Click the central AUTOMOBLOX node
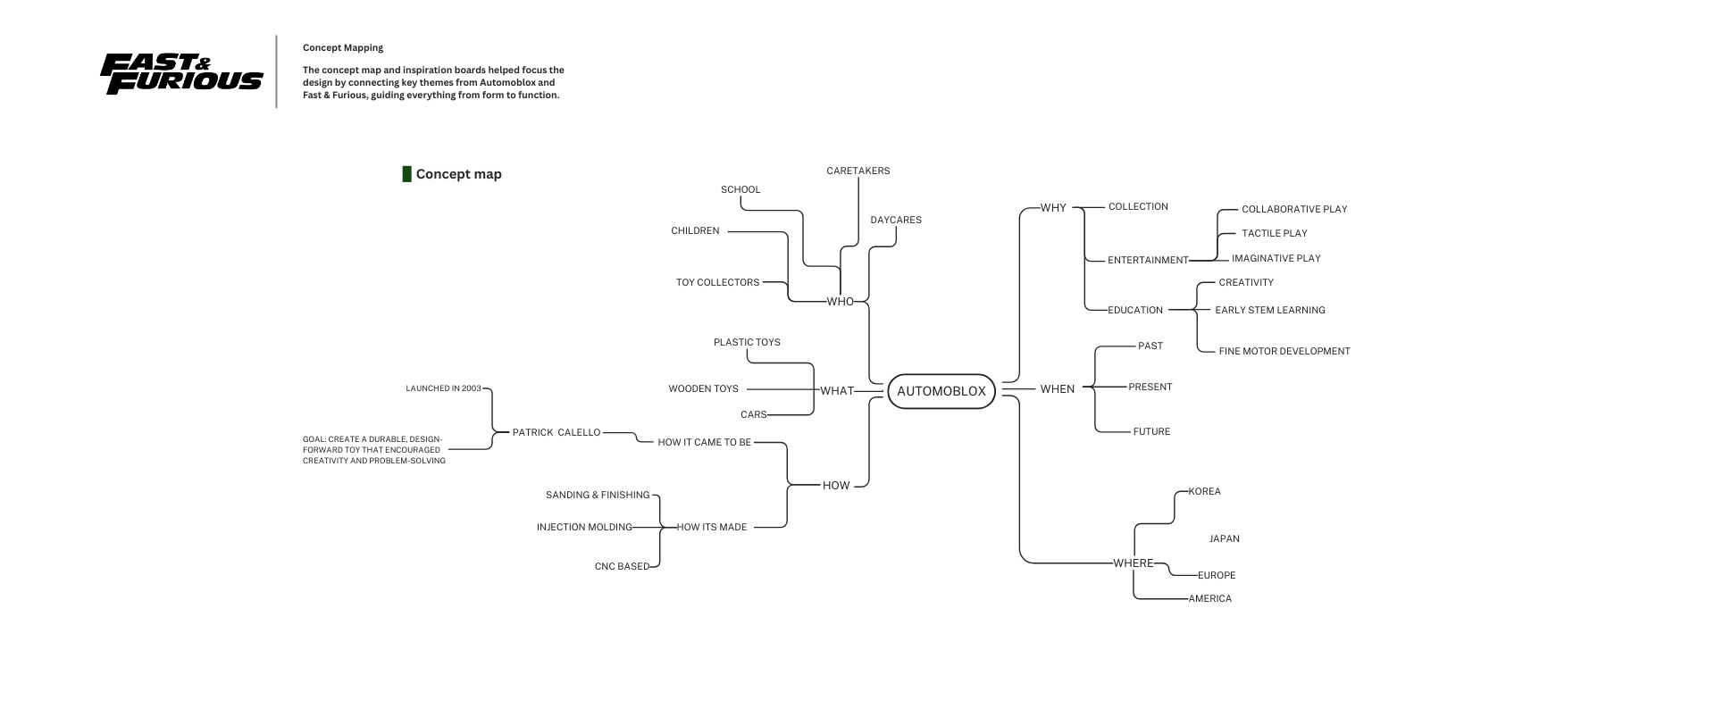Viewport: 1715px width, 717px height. coord(941,391)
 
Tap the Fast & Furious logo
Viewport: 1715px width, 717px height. coord(181,73)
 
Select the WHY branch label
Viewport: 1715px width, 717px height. coord(1053,208)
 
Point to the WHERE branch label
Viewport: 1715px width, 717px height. coord(1134,563)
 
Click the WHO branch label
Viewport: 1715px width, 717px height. coord(840,302)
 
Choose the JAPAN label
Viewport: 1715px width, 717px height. coord(1224,539)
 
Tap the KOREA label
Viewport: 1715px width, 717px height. coord(1204,492)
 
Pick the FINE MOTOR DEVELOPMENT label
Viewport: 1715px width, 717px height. coord(1284,352)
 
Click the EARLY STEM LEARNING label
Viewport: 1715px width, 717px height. coord(1269,311)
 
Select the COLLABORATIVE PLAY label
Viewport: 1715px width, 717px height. coord(1293,210)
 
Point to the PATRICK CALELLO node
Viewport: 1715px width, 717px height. coord(556,433)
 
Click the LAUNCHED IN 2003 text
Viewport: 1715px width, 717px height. coord(443,389)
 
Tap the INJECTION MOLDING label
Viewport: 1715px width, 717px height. coord(584,528)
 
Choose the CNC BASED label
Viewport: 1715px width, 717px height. coord(622,567)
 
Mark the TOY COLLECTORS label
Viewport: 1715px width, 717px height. coord(717,283)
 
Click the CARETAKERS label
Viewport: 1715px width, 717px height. coord(857,171)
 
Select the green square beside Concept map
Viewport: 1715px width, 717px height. coord(406,174)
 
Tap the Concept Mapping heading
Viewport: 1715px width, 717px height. coord(343,48)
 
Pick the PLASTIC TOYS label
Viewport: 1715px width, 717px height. coord(747,343)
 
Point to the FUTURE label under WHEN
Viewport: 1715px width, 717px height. coord(1151,432)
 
